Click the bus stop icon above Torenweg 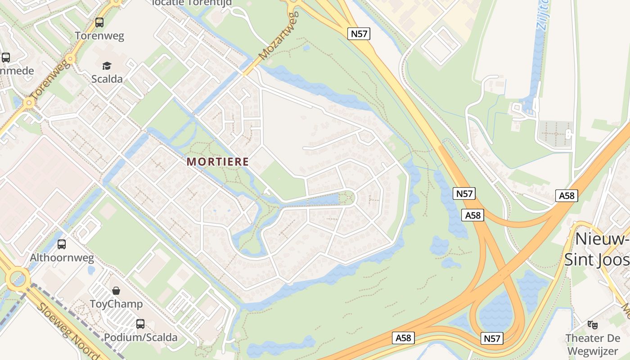click(x=99, y=22)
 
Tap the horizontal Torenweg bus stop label click(x=99, y=36)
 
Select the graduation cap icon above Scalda click(x=107, y=66)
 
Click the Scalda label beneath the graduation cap click(x=107, y=79)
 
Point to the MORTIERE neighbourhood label click(x=218, y=162)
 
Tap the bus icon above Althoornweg click(x=62, y=244)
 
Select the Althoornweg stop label click(x=62, y=258)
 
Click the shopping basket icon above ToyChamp click(x=116, y=291)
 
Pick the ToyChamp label click(x=116, y=304)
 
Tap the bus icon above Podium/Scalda click(x=140, y=324)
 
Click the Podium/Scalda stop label click(x=140, y=337)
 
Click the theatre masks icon click(x=593, y=324)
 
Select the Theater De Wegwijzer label click(x=593, y=344)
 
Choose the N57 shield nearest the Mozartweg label click(x=359, y=34)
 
